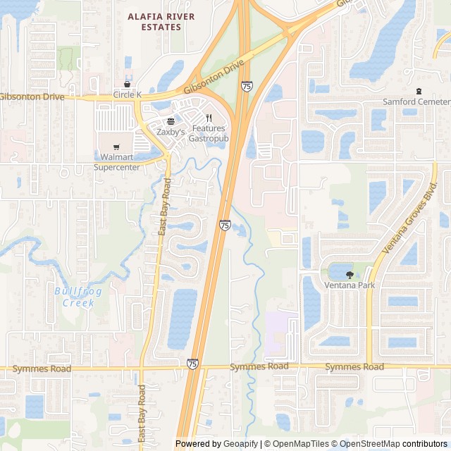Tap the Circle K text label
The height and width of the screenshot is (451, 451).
[128, 94]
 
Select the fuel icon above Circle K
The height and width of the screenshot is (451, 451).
[128, 83]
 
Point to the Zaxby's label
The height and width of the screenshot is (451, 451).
[171, 132]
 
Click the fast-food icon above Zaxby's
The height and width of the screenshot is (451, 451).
[171, 121]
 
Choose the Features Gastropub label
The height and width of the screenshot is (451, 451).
[209, 133]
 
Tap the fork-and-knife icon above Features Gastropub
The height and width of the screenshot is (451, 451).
[209, 118]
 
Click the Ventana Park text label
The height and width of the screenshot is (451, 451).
[350, 285]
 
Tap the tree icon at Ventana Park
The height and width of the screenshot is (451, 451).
[350, 273]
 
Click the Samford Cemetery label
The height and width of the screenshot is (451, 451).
[416, 101]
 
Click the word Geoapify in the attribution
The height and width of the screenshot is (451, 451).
[241, 444]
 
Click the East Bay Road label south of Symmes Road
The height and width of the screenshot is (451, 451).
[142, 412]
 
